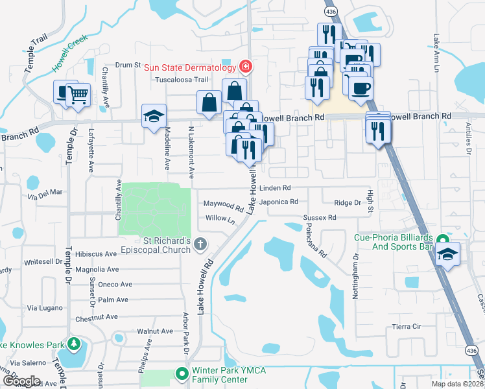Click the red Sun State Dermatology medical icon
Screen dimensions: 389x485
coord(246,66)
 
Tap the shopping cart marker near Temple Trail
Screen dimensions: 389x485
coord(78,95)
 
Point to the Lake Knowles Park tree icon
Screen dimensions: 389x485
coord(75,343)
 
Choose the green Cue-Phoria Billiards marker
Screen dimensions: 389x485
coord(443,239)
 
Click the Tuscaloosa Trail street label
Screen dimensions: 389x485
coord(181,80)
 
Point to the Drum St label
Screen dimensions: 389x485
coord(128,65)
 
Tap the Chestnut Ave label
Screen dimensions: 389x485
coord(96,317)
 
